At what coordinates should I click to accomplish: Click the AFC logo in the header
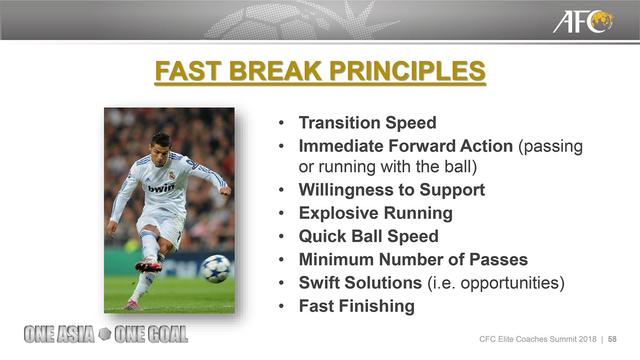tap(583, 22)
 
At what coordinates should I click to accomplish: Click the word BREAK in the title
tap(275, 71)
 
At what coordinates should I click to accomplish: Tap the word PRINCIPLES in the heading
tap(407, 71)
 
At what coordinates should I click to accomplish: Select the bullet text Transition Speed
tap(368, 122)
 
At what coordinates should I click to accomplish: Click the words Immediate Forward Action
tap(406, 146)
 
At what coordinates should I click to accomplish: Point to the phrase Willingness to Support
tap(392, 190)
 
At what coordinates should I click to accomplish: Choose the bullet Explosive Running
tap(376, 213)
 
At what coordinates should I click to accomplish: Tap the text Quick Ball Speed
tap(368, 236)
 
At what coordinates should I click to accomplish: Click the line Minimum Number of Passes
tap(413, 260)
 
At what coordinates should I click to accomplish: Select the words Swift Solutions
tap(360, 282)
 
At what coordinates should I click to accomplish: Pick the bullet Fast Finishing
tap(356, 306)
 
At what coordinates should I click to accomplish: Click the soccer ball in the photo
tap(216, 269)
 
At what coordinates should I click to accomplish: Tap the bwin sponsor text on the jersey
tap(161, 188)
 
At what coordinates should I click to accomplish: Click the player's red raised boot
tap(148, 265)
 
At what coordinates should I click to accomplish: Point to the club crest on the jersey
tap(172, 175)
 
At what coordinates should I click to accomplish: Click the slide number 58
tap(612, 339)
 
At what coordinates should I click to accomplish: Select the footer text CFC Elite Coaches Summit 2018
tap(538, 339)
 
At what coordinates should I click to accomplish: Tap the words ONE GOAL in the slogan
tap(151, 334)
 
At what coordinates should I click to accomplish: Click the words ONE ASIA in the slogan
tap(59, 334)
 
